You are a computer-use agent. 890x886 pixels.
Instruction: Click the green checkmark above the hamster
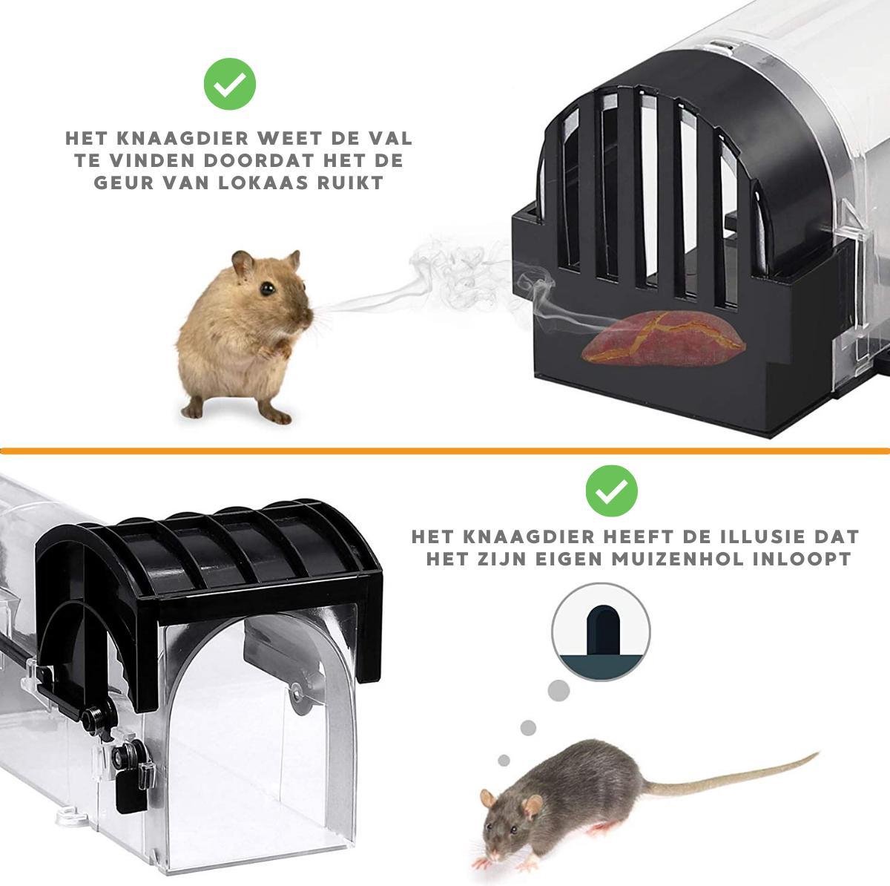pos(229,84)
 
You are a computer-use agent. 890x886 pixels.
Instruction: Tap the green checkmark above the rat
pos(611,491)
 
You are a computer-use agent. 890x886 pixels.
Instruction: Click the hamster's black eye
pos(268,289)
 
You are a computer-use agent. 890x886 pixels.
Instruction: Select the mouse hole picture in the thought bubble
pos(601,631)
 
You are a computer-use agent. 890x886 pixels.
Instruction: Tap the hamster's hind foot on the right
pos(275,414)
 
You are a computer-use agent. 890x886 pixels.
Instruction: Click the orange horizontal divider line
pos(445,450)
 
